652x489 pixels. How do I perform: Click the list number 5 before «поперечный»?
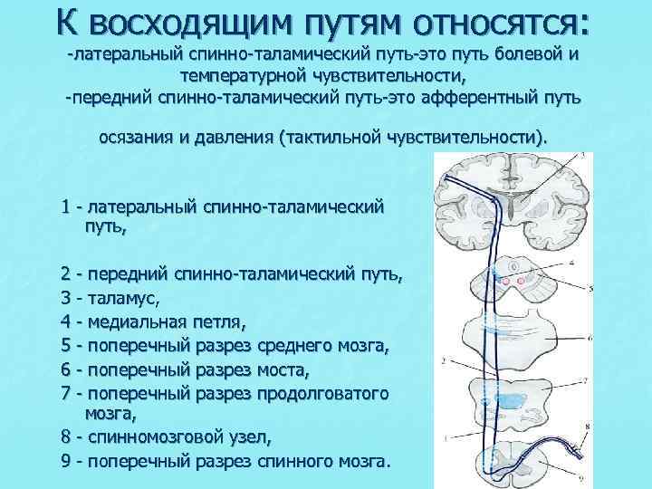(67, 344)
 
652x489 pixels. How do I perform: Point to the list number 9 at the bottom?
(67, 462)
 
